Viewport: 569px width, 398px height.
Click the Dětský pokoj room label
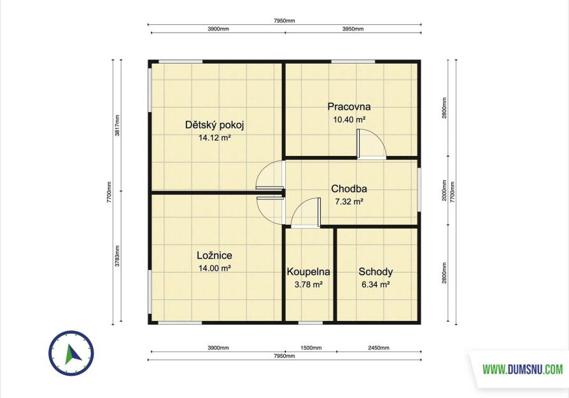pyautogui.click(x=214, y=125)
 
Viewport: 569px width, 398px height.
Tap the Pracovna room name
pyautogui.click(x=349, y=107)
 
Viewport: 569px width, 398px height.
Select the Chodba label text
pyautogui.click(x=349, y=189)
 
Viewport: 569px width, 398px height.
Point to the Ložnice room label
pyautogui.click(x=214, y=255)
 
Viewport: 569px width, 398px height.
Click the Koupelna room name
pyautogui.click(x=309, y=272)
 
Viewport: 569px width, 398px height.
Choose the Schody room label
pyautogui.click(x=376, y=272)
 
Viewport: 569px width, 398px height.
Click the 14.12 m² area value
pyautogui.click(x=214, y=138)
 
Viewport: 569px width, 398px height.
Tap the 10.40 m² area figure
pyautogui.click(x=349, y=119)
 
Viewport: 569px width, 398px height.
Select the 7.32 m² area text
pyautogui.click(x=349, y=201)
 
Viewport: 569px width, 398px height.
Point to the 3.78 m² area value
pyautogui.click(x=309, y=285)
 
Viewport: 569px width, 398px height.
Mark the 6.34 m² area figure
pyautogui.click(x=376, y=285)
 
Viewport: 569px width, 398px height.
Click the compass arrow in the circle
pyautogui.click(x=73, y=354)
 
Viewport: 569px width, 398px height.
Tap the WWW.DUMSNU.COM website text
pyautogui.click(x=523, y=370)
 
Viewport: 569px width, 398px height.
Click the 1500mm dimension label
pyautogui.click(x=311, y=348)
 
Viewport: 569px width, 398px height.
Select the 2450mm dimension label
pyautogui.click(x=379, y=348)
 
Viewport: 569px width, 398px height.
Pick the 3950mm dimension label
pyautogui.click(x=353, y=29)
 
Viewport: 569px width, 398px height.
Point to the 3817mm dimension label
pyautogui.click(x=117, y=125)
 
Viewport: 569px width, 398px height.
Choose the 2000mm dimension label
pyautogui.click(x=444, y=191)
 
